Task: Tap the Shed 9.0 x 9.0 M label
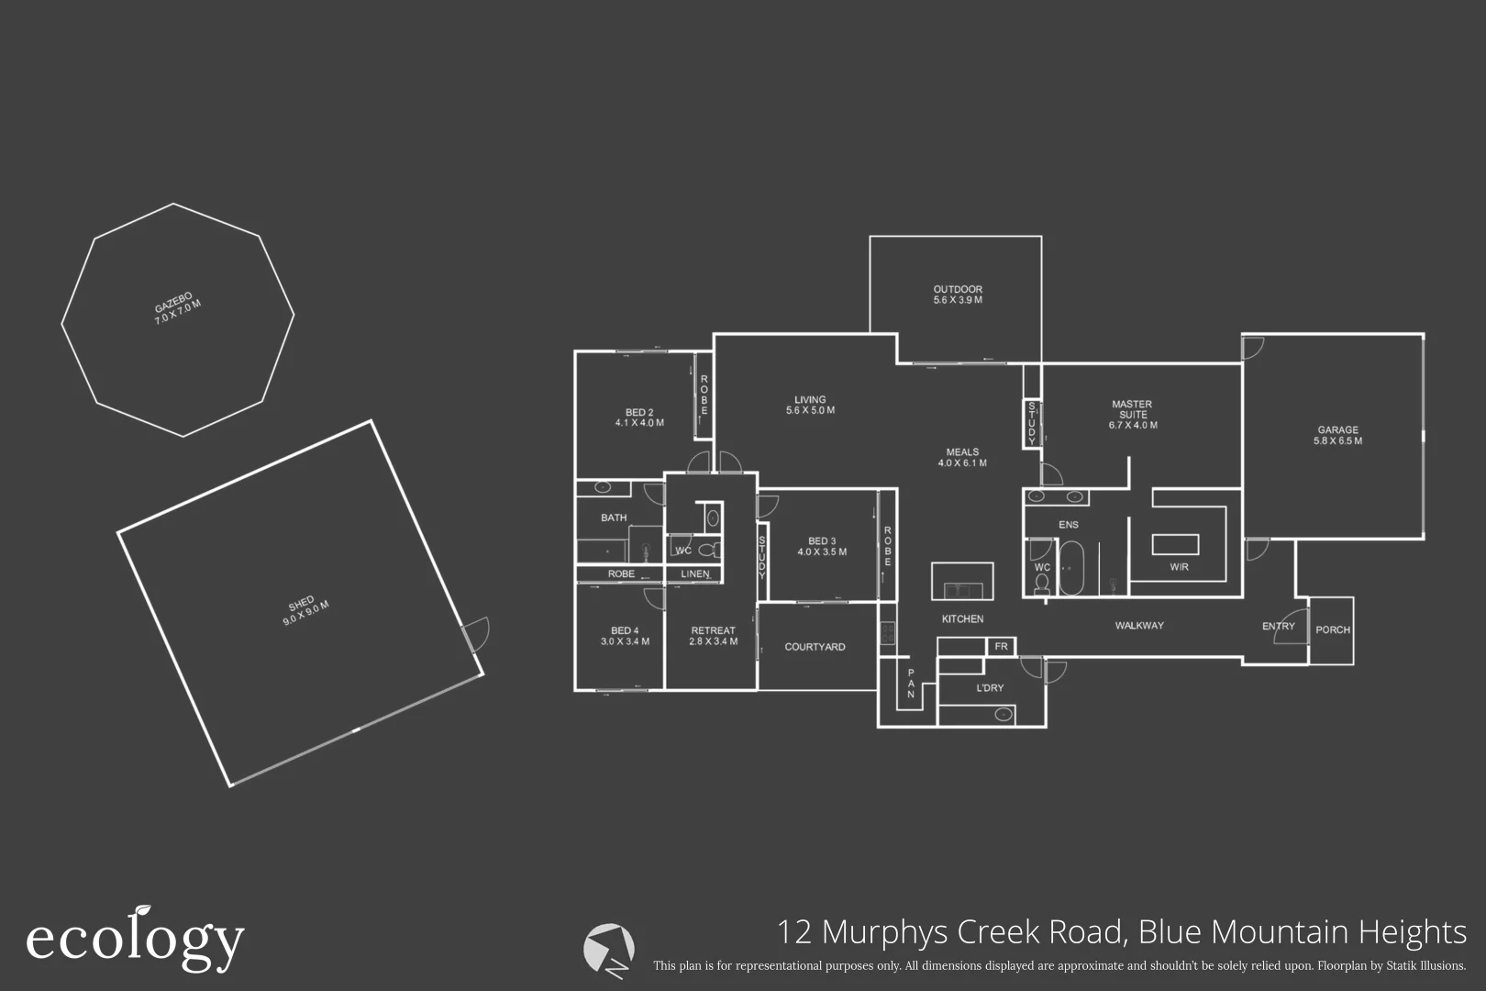(305, 612)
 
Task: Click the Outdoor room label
(958, 295)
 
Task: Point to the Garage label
(1337, 435)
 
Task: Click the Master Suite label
(1132, 415)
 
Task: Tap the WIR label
(1179, 567)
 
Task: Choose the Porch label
(1332, 630)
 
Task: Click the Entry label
(1278, 626)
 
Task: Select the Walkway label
(1138, 626)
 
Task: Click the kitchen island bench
(962, 581)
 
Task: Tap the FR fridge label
(1001, 647)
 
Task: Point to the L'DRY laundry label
(990, 688)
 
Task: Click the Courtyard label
(815, 647)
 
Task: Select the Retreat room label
(713, 636)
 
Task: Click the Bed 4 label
(625, 636)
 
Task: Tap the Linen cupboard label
(694, 574)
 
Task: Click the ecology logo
(135, 939)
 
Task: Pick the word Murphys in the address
(885, 932)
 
